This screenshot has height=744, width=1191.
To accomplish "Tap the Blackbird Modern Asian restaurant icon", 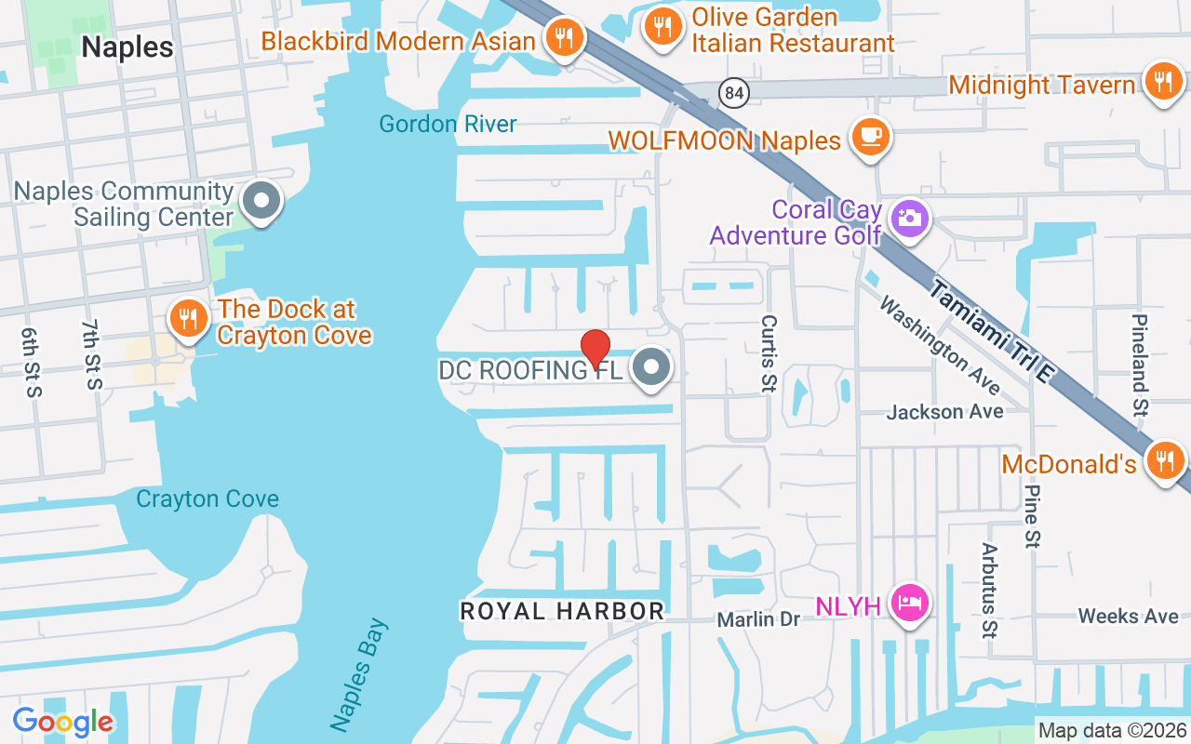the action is tap(564, 38).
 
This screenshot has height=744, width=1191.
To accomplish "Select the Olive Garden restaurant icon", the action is tap(662, 27).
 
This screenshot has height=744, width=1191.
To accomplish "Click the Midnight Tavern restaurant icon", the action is tap(1162, 81).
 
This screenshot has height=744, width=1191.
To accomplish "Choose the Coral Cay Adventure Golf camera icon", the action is tap(908, 219).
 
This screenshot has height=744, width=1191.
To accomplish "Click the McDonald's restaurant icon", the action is tap(1164, 459).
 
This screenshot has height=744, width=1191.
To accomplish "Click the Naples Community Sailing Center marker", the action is tap(261, 201).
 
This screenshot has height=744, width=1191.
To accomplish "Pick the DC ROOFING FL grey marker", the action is tap(651, 367).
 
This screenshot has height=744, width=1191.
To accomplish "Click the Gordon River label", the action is tap(448, 124).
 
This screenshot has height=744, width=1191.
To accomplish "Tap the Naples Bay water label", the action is tap(358, 674).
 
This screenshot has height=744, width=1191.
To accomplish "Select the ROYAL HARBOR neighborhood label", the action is tap(563, 611).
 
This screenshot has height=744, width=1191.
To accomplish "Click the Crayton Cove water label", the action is tap(207, 499).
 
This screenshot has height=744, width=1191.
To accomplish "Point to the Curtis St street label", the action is tap(769, 353).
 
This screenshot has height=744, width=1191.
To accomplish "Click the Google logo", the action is tap(63, 721).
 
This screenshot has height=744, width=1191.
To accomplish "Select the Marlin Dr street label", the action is tap(758, 618).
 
